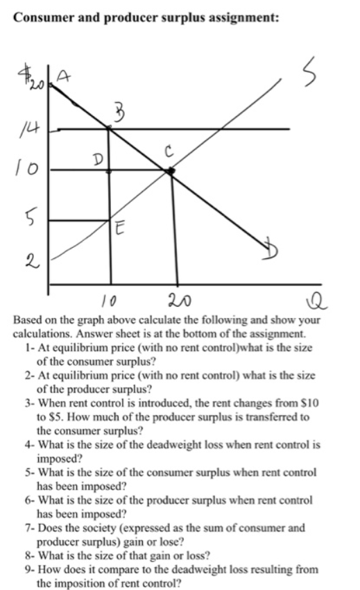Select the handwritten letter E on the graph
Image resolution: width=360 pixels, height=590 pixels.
pos(120,229)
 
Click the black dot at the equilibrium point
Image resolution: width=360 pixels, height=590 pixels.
pos(171,170)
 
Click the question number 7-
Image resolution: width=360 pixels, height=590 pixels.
pos(29,527)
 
